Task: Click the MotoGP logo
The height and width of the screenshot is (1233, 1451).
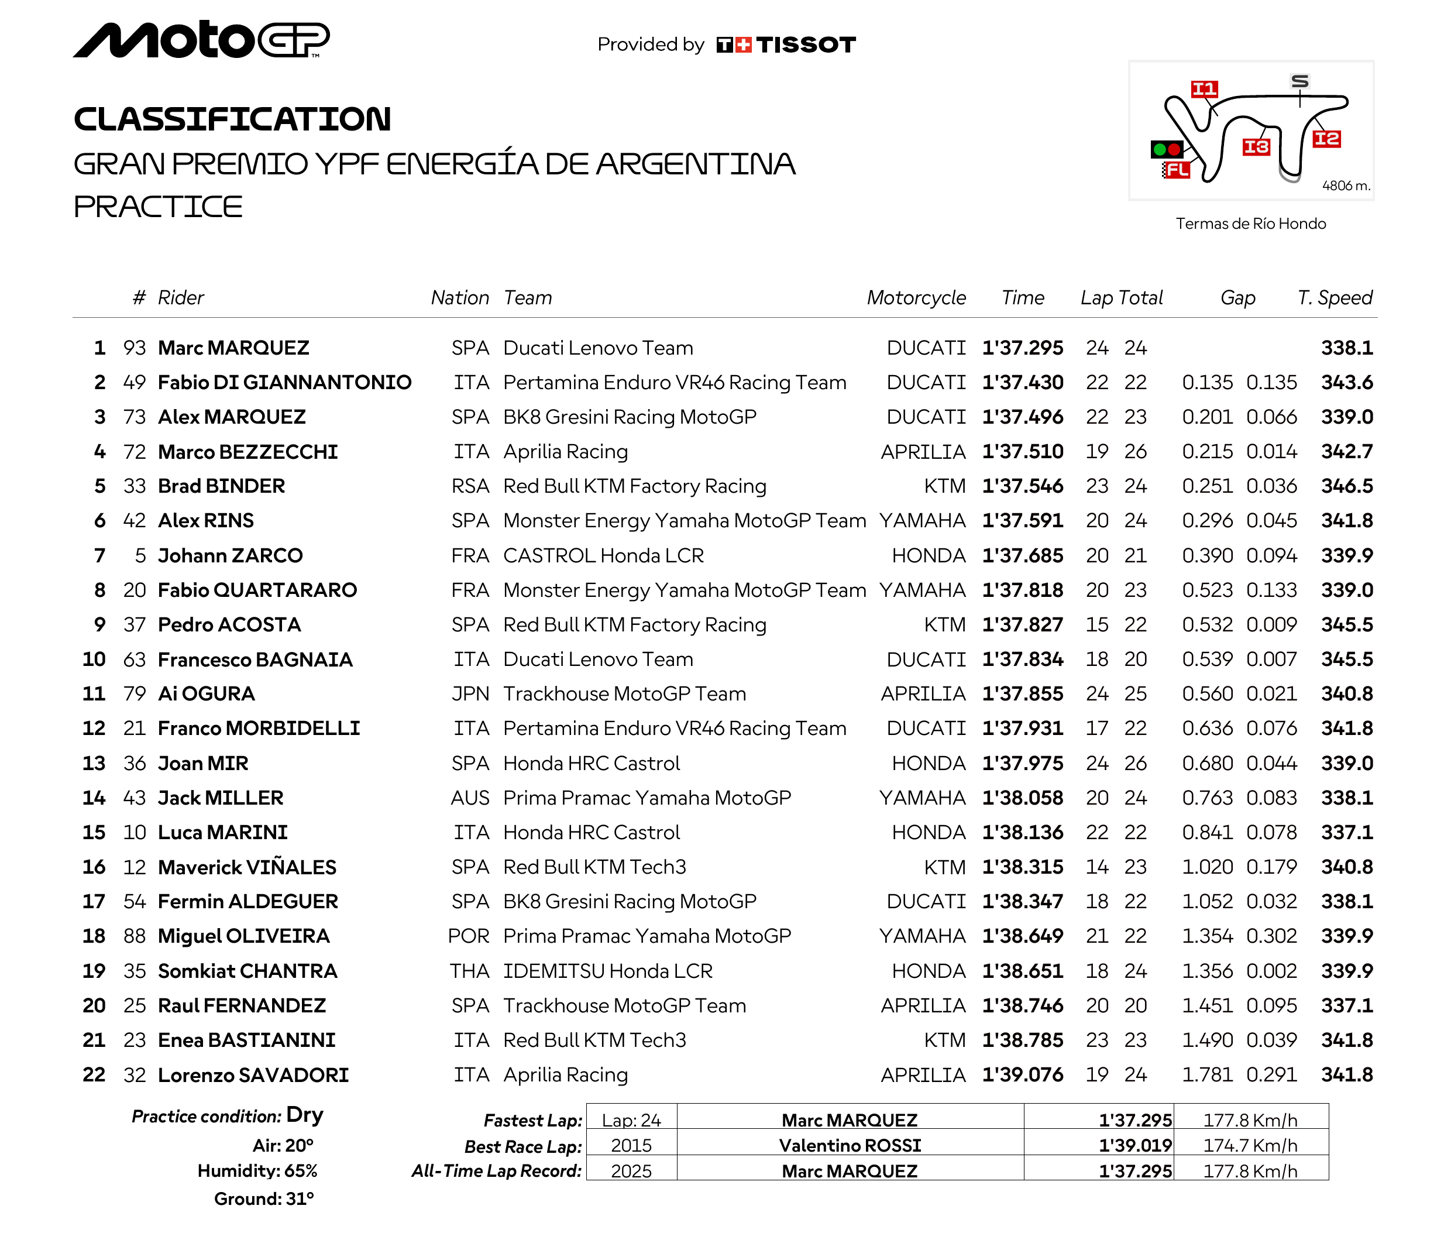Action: pyautogui.click(x=201, y=40)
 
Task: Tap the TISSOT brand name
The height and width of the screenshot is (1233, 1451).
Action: pyautogui.click(x=805, y=44)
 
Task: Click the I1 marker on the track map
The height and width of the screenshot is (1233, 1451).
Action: pyautogui.click(x=1204, y=89)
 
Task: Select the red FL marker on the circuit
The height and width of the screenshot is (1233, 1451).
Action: pyautogui.click(x=1177, y=170)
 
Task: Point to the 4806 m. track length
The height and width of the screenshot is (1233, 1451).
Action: pyautogui.click(x=1346, y=186)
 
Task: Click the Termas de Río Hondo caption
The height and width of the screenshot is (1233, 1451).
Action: pyautogui.click(x=1250, y=224)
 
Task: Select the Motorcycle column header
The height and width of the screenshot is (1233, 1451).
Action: pyautogui.click(x=916, y=298)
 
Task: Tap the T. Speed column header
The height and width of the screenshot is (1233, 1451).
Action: pyautogui.click(x=1335, y=298)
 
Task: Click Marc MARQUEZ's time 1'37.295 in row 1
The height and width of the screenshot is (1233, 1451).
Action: pyautogui.click(x=1022, y=348)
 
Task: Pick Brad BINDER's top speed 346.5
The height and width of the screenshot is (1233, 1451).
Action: pyautogui.click(x=1346, y=486)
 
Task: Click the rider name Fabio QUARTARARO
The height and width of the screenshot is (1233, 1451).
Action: pyautogui.click(x=257, y=590)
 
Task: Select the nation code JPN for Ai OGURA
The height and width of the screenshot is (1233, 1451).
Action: pyautogui.click(x=470, y=694)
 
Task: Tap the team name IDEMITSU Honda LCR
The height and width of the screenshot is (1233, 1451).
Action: pyautogui.click(x=607, y=971)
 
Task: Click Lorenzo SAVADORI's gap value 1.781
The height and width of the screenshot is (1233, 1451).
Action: pyautogui.click(x=1207, y=1075)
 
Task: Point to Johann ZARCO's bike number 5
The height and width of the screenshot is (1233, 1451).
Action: pyautogui.click(x=140, y=556)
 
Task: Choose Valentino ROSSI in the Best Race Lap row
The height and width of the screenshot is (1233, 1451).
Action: pyautogui.click(x=850, y=1146)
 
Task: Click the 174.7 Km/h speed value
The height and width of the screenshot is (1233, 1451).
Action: pyautogui.click(x=1250, y=1146)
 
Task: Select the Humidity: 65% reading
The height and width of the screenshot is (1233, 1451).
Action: pyautogui.click(x=257, y=1172)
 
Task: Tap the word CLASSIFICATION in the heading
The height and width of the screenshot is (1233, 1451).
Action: pyautogui.click(x=232, y=119)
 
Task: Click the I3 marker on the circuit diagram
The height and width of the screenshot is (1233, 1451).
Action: pyautogui.click(x=1256, y=147)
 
